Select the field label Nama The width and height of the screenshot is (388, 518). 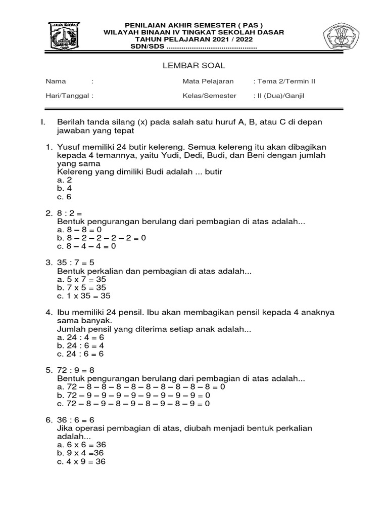54,81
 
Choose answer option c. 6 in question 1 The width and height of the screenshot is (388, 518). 65,197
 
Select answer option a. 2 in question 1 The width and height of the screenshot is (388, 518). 65,180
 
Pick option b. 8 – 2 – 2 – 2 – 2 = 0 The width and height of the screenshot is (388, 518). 102,238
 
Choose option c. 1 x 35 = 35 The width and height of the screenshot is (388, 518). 84,296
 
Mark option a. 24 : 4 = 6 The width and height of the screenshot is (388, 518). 81,337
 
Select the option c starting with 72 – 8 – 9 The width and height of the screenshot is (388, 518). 133,404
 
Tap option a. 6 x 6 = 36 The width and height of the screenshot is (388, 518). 82,445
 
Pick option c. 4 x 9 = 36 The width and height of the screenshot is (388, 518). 82,461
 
